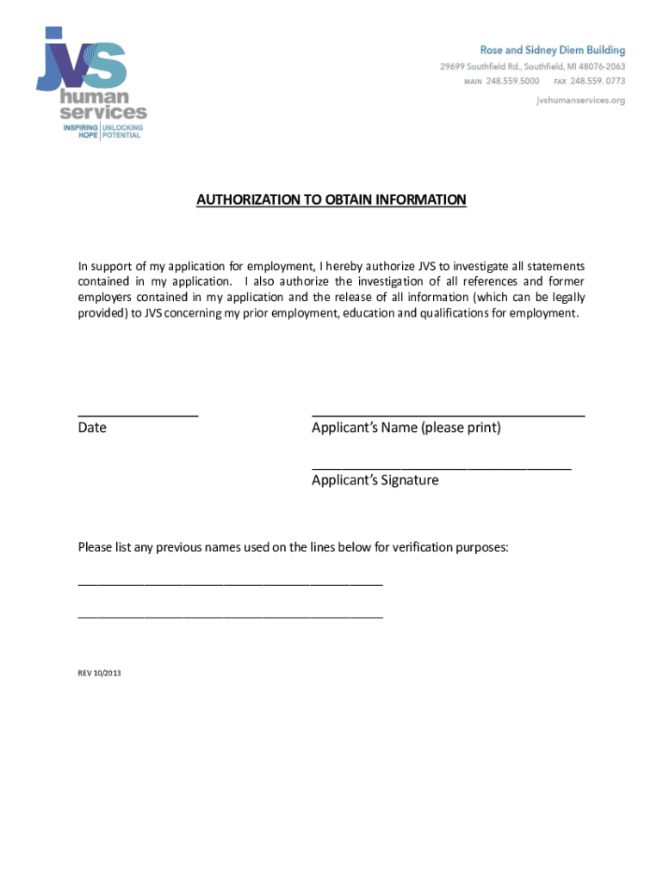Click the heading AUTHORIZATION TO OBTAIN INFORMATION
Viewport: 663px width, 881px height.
pyautogui.click(x=331, y=200)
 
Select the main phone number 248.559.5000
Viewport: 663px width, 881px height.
pyautogui.click(x=511, y=81)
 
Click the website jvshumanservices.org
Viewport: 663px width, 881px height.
pyautogui.click(x=580, y=100)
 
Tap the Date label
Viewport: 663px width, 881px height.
pyautogui.click(x=92, y=428)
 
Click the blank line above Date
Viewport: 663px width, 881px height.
pyautogui.click(x=138, y=416)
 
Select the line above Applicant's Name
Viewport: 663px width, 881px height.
pyautogui.click(x=448, y=416)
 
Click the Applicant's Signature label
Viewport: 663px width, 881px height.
pyautogui.click(x=375, y=480)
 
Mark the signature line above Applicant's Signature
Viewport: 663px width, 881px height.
pyautogui.click(x=441, y=468)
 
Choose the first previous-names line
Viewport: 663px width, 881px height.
pyautogui.click(x=230, y=583)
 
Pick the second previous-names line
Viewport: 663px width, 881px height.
pyautogui.click(x=230, y=617)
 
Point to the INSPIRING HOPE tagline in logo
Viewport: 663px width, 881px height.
pyautogui.click(x=81, y=132)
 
